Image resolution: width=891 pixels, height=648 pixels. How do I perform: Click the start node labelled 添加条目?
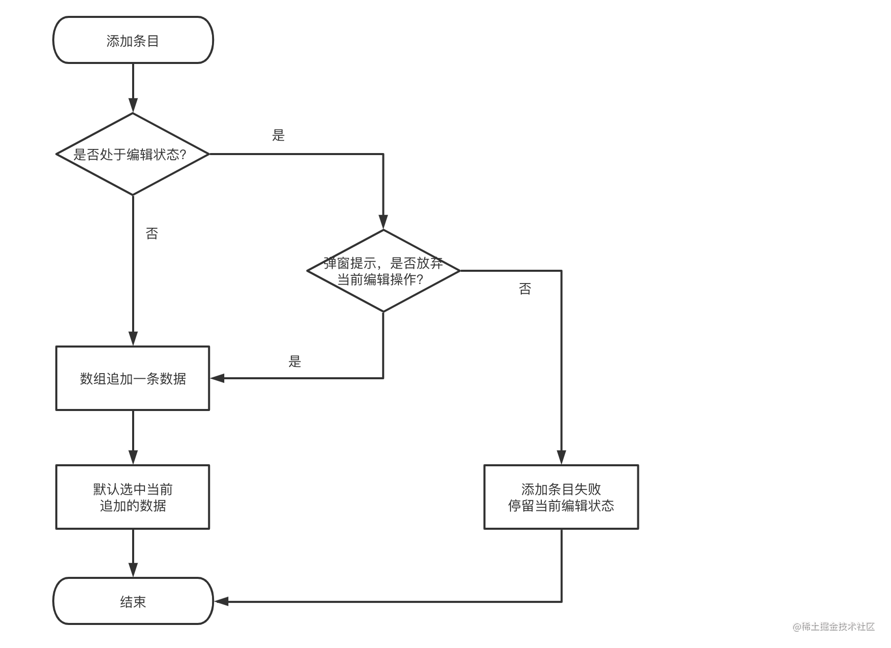133,40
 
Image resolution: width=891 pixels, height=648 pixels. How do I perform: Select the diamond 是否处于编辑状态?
133,154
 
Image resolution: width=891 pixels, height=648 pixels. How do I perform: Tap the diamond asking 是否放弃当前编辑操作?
383,271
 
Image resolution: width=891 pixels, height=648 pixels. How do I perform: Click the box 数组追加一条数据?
133,378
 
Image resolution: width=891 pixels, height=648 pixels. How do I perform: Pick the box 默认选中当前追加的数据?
133,497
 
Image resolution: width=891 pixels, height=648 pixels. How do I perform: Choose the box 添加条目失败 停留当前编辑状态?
561,497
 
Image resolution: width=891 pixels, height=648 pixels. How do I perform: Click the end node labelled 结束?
133,601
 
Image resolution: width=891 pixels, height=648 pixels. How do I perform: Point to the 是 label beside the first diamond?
278,135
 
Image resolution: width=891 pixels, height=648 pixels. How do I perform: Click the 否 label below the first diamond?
152,233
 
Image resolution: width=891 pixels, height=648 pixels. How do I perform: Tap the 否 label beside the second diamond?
525,289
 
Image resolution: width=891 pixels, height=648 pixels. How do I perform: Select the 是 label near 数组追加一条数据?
294,361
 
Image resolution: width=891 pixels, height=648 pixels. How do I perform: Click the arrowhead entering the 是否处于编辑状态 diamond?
133,105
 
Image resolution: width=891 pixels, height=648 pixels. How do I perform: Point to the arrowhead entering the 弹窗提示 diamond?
383,222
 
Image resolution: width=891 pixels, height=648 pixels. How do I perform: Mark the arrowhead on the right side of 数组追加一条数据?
218,378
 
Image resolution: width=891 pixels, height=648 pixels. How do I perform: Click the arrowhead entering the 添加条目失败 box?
561,457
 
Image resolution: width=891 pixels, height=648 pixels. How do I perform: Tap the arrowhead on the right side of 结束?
221,601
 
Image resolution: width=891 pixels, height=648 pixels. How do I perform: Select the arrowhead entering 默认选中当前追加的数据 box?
133,457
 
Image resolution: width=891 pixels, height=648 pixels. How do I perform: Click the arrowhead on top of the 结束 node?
133,570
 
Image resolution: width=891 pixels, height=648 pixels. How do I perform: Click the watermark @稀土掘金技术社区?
833,627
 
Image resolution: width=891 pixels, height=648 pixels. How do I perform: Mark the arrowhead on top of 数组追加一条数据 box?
133,338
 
